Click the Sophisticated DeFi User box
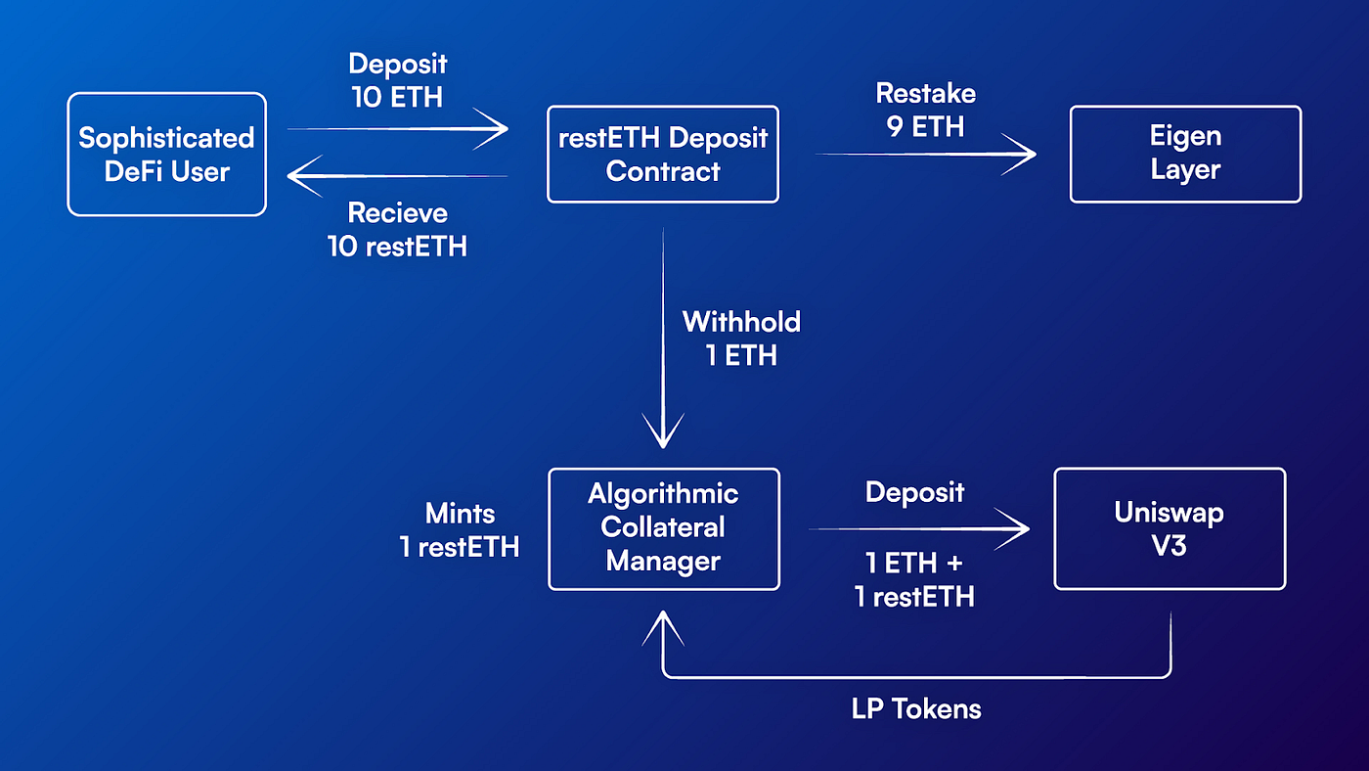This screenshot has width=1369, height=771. coord(166,154)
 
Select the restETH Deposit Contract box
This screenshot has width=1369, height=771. coord(662,154)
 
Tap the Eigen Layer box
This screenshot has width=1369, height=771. coord(1185,154)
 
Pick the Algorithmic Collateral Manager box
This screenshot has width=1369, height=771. coord(663,528)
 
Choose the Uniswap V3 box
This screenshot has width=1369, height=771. coord(1170,528)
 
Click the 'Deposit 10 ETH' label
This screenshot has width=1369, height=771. coord(398,81)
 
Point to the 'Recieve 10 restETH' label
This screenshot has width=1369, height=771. coord(398,230)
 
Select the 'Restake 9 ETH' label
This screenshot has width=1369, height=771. coord(925,110)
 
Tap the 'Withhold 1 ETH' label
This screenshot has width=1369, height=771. coord(741,338)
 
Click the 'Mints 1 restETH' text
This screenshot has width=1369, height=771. coord(460,529)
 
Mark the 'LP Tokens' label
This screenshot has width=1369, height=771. coord(916,708)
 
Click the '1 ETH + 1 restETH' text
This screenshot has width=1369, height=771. coord(915,580)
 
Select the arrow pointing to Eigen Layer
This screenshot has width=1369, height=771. coord(925,154)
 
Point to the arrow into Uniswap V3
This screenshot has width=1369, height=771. coord(919,529)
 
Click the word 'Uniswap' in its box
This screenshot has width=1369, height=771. coord(1170,512)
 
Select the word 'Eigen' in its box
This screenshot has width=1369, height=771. coord(1185,136)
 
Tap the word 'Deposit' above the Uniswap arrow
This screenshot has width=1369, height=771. coord(915,492)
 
